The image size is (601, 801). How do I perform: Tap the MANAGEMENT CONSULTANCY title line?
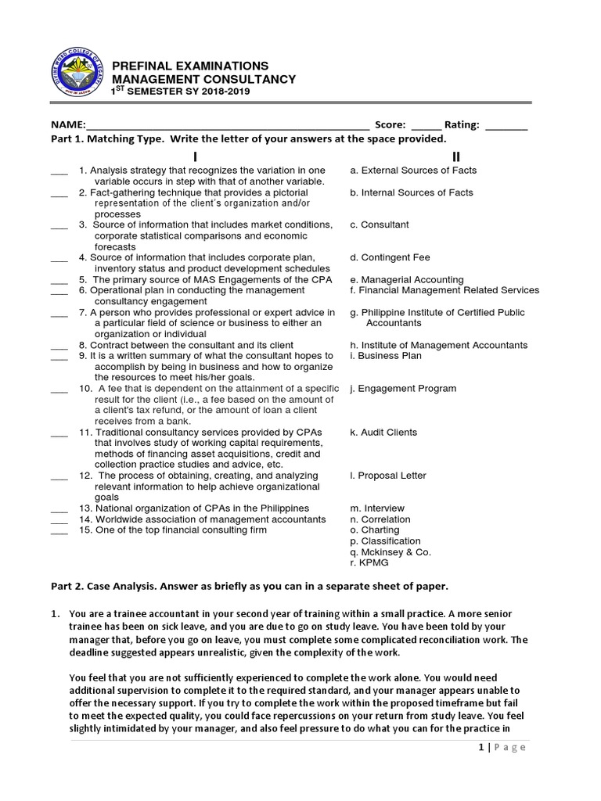[204, 80]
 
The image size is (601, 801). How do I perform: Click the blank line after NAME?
[228, 125]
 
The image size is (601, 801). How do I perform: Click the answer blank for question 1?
[59, 171]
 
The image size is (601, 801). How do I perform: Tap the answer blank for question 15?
[59, 531]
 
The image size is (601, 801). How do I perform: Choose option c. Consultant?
[380, 225]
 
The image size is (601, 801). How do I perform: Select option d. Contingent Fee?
[390, 257]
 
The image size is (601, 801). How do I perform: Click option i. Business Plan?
[386, 356]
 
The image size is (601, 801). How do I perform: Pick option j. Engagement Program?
[403, 389]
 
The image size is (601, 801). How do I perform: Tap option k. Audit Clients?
[383, 433]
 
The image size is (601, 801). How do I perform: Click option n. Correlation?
[380, 519]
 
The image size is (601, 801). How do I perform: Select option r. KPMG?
[369, 563]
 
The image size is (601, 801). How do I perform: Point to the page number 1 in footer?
[480, 747]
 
